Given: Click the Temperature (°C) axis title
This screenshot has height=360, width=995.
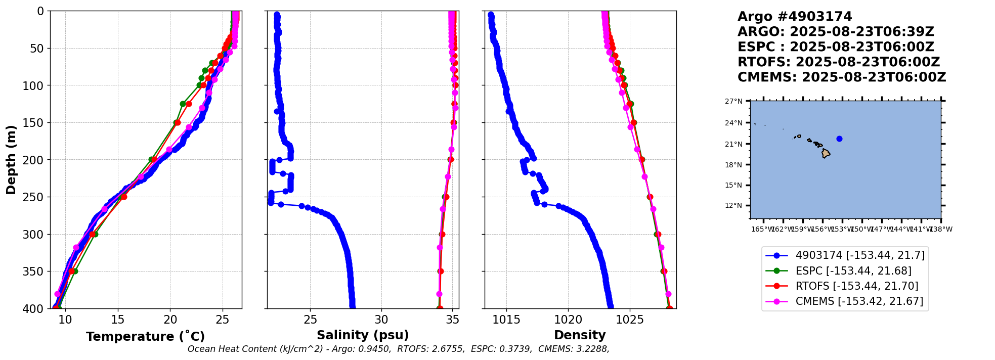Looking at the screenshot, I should pyautogui.click(x=145, y=336).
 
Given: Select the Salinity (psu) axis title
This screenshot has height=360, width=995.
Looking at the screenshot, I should pyautogui.click(x=363, y=335).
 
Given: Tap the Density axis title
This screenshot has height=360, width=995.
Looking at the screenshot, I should pyautogui.click(x=580, y=335).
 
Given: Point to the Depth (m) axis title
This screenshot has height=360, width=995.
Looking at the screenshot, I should pyautogui.click(x=11, y=159).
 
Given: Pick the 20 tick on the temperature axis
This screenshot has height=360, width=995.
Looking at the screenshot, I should pyautogui.click(x=170, y=320).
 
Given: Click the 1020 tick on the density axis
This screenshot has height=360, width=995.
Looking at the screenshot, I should pyautogui.click(x=568, y=320).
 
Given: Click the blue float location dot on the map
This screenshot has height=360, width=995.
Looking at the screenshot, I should pyautogui.click(x=839, y=139).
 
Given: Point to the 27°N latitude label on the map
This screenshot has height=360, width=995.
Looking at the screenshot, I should pyautogui.click(x=733, y=101).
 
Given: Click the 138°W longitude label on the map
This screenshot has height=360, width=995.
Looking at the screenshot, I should pyautogui.click(x=941, y=229).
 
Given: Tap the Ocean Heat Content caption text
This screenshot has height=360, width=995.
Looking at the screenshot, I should pyautogui.click(x=398, y=349).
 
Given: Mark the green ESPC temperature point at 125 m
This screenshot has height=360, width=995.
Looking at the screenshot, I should pyautogui.click(x=183, y=104).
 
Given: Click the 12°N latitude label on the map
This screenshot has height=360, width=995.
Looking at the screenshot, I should pyautogui.click(x=733, y=205).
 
